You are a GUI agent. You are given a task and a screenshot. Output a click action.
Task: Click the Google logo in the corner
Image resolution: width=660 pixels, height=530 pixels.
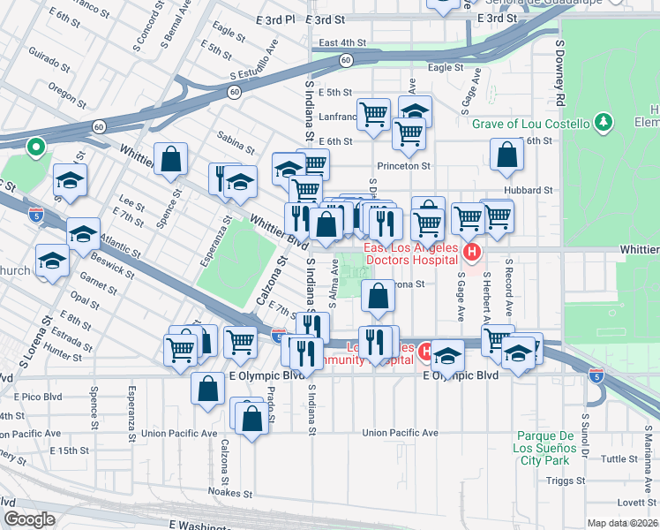click(30, 519)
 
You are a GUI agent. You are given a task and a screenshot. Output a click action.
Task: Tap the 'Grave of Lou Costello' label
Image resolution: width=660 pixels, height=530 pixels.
click(529, 123)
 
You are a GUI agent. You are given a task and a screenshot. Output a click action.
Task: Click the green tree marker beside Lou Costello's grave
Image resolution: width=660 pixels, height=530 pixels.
click(604, 121)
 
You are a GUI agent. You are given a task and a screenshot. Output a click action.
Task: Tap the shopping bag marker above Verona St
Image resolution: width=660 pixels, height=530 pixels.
click(378, 299)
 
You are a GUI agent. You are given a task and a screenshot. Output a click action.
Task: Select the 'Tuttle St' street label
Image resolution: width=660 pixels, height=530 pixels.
click(619, 458)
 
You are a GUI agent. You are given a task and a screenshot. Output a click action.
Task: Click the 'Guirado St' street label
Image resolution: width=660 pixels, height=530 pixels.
click(49, 64)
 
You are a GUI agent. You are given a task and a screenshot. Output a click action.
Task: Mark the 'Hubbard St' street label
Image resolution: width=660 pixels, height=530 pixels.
click(529, 189)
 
